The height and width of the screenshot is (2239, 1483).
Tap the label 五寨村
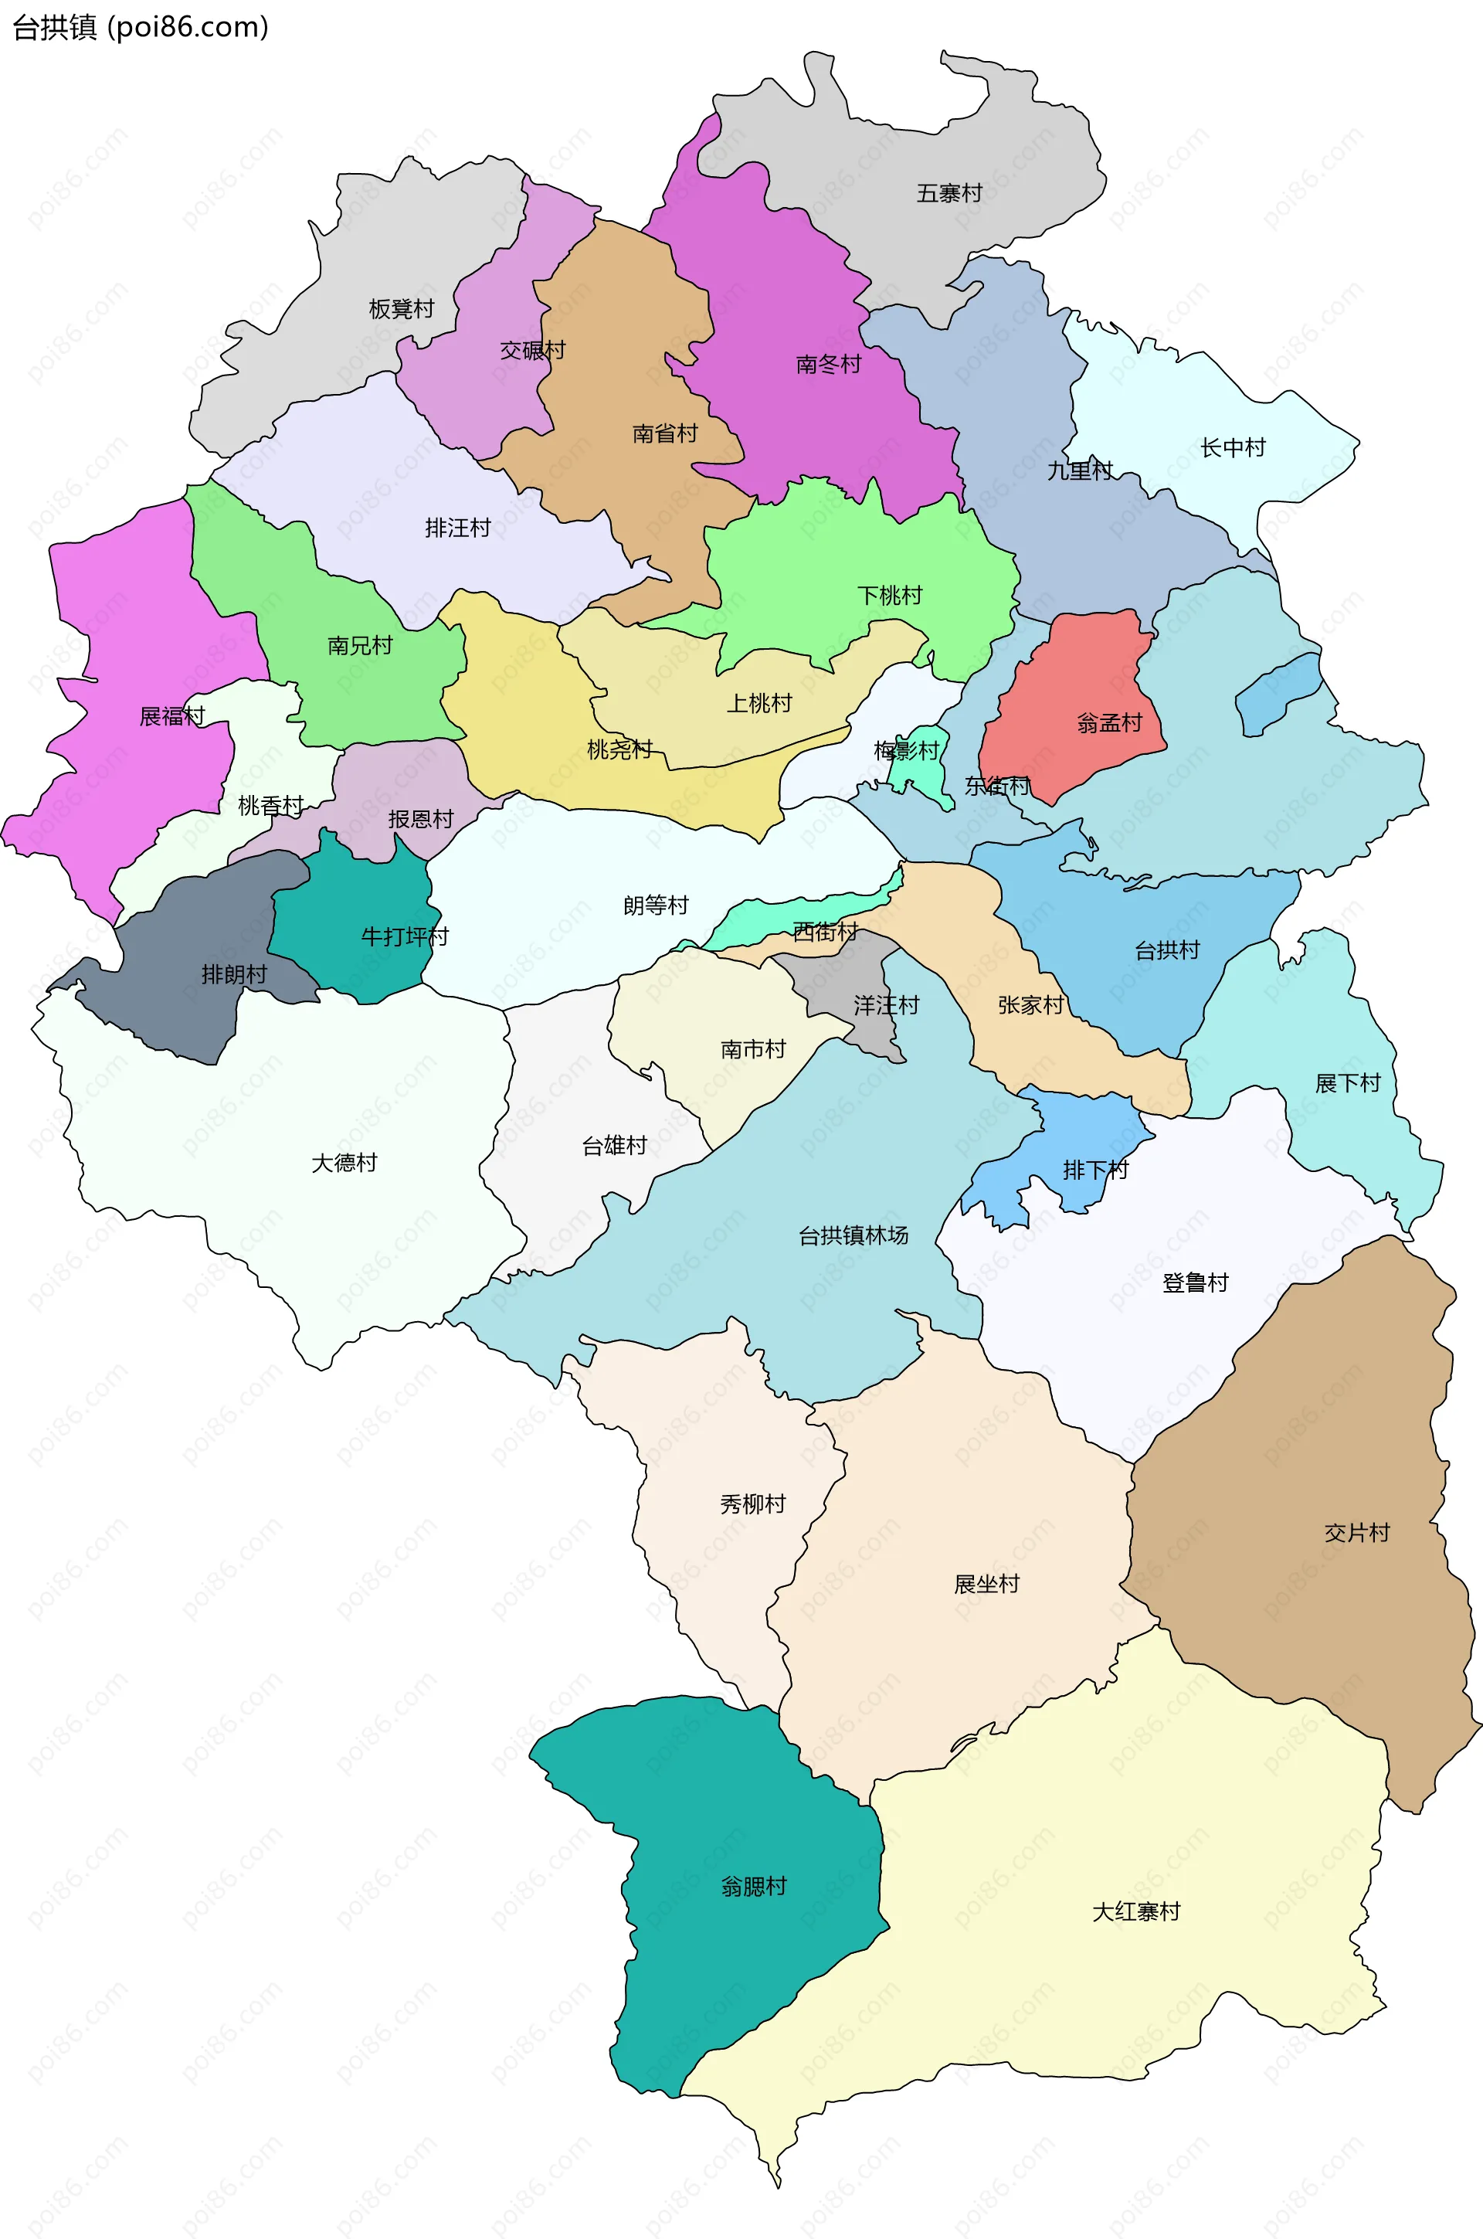[949, 194]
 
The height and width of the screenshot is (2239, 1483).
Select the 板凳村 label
[401, 309]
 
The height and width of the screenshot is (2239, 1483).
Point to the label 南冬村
[829, 364]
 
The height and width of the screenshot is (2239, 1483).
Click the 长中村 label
[1233, 447]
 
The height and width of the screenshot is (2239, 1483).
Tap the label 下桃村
[889, 595]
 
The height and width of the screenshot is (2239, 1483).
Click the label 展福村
[172, 716]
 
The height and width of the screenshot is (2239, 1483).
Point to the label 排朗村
[233, 974]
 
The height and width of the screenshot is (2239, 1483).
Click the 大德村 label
[344, 1163]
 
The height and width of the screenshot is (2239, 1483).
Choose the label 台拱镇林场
[853, 1235]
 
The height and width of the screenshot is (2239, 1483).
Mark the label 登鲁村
[1195, 1283]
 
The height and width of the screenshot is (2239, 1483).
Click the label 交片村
[1356, 1532]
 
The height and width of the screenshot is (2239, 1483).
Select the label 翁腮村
[754, 1886]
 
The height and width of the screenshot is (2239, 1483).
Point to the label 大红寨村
[1136, 1911]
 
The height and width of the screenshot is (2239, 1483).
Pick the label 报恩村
[421, 819]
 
